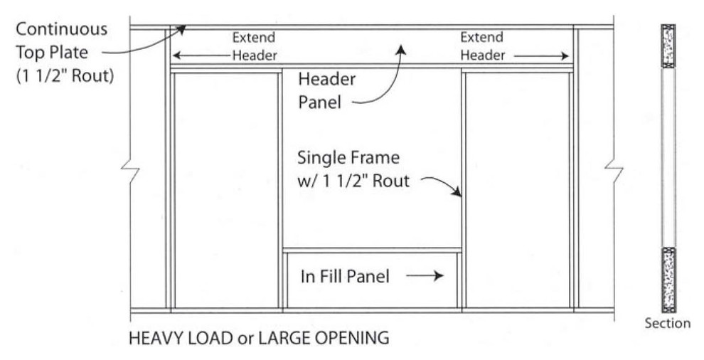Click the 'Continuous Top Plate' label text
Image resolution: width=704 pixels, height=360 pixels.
[62, 41]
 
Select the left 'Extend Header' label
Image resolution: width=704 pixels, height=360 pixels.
[254, 46]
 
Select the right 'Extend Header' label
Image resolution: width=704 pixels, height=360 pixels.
[482, 46]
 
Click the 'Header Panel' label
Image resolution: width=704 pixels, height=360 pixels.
[327, 90]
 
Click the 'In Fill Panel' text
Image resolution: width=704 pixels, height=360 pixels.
[345, 276]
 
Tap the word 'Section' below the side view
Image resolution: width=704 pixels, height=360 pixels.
[667, 323]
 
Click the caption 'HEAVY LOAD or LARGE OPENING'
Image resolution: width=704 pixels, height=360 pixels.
[259, 338]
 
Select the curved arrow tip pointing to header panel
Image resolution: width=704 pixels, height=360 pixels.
[401, 50]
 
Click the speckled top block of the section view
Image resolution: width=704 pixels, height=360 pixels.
[668, 47]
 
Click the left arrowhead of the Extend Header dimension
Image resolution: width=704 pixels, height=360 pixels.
[176, 55]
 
